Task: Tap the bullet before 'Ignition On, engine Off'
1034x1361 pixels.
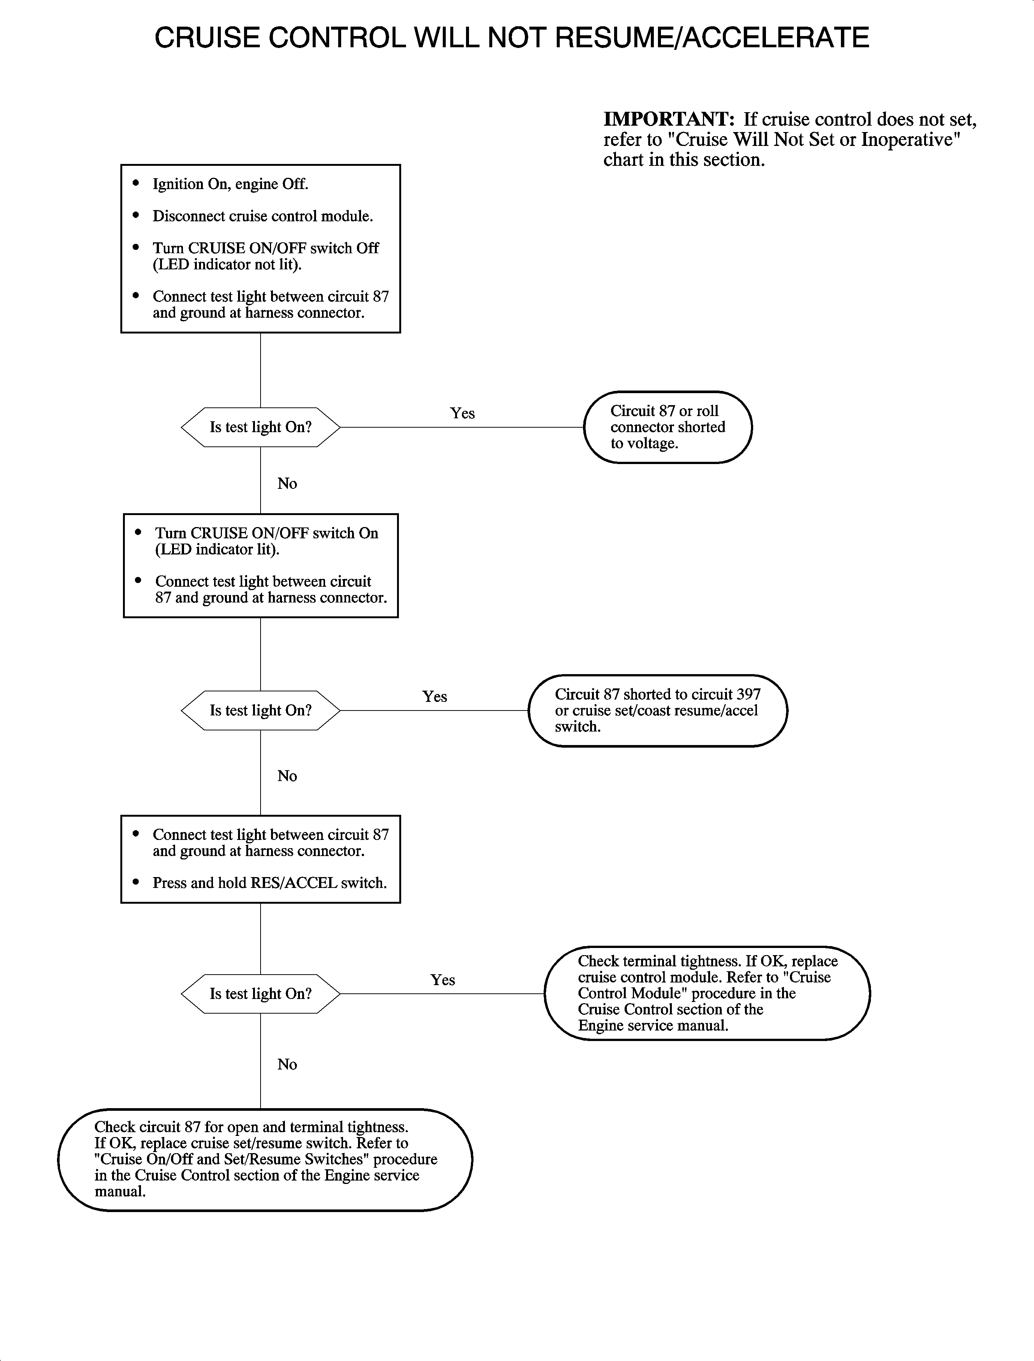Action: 136,183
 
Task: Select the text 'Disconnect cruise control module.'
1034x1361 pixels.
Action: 263,216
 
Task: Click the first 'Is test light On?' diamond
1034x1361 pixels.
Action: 260,427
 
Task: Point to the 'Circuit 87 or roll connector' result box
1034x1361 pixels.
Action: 668,427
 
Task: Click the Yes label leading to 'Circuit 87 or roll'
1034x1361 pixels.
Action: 462,413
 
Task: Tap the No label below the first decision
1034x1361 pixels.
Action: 287,484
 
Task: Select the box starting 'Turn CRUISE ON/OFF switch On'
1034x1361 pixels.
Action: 261,565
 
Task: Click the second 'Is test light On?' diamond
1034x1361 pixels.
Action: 260,710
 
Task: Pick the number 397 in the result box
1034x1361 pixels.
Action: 748,694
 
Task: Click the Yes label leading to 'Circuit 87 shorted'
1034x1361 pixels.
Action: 435,697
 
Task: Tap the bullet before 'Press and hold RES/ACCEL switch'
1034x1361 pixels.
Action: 136,882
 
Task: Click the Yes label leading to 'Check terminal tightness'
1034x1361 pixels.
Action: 442,980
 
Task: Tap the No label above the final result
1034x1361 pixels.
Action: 287,1064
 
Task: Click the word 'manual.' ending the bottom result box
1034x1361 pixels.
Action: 120,1191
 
